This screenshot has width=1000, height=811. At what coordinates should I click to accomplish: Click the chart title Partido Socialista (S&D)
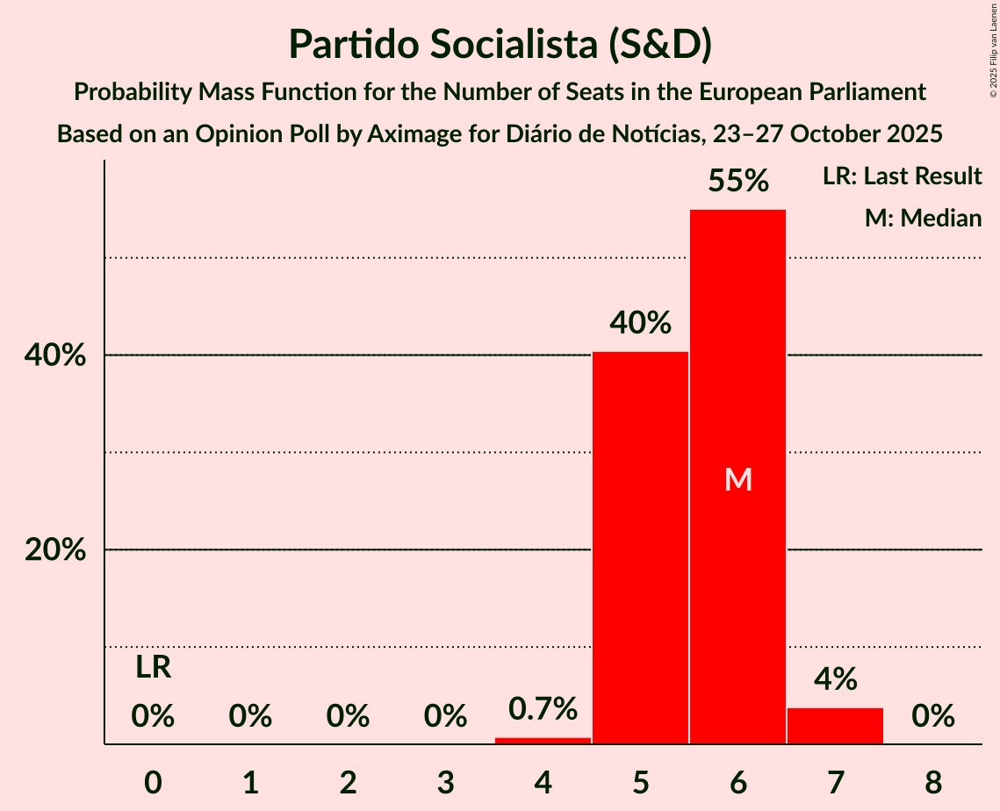coord(500,44)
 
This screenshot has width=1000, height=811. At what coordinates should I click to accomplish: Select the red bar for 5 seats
coord(640,548)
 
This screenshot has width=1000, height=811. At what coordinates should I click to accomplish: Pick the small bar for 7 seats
coord(835,726)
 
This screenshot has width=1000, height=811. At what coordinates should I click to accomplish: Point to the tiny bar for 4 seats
coord(543,741)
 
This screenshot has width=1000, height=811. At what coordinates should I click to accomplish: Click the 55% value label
coord(737,182)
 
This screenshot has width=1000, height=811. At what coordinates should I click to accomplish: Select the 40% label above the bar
coord(640,324)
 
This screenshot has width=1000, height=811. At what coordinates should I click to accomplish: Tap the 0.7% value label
coord(543,708)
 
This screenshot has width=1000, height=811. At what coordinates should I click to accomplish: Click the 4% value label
coord(835,678)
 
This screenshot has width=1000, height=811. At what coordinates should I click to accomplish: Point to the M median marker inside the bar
coord(737,479)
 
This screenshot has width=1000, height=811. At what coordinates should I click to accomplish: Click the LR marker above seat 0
coord(153,668)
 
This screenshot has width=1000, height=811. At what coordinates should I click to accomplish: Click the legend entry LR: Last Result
coord(902,176)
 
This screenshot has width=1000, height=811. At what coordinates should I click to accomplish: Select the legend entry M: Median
coord(923,219)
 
